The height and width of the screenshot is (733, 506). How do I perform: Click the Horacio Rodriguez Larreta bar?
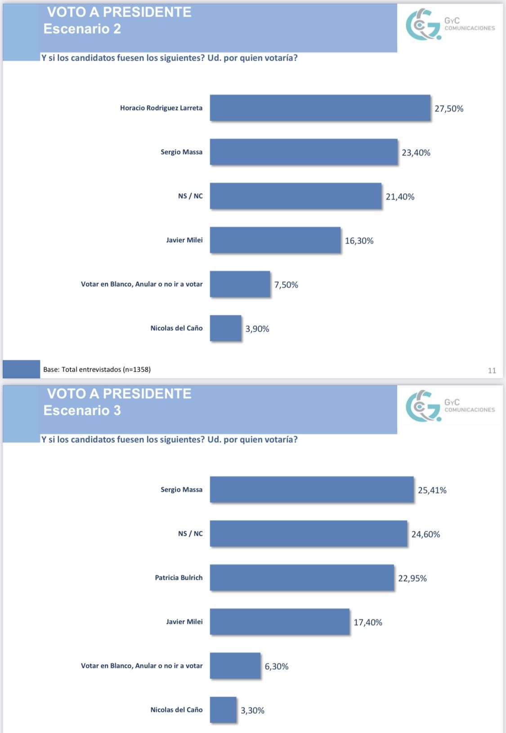(320, 108)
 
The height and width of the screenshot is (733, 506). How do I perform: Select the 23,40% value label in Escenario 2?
(416, 153)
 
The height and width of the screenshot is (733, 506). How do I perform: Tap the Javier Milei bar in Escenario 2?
(275, 240)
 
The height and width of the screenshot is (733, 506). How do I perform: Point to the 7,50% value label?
(286, 285)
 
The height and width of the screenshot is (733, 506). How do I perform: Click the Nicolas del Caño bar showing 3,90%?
(225, 328)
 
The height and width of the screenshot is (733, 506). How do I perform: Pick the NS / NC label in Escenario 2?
(190, 196)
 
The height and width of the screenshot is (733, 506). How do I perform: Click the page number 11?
(492, 370)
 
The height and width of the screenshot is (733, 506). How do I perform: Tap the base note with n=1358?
(97, 369)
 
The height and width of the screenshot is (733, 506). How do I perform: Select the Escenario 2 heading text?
(82, 29)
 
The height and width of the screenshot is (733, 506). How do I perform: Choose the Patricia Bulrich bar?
(302, 578)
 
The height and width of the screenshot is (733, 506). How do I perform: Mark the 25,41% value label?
(432, 490)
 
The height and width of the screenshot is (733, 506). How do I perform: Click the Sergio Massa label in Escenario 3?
(181, 489)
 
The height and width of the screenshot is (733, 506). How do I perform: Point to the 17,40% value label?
(367, 622)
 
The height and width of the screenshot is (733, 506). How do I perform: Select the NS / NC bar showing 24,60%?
(308, 533)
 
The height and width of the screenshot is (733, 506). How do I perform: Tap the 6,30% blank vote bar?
(235, 666)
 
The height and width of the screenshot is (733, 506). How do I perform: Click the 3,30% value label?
(252, 711)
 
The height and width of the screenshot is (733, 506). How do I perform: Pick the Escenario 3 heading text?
(82, 410)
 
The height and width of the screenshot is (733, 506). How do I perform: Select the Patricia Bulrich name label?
(179, 578)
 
